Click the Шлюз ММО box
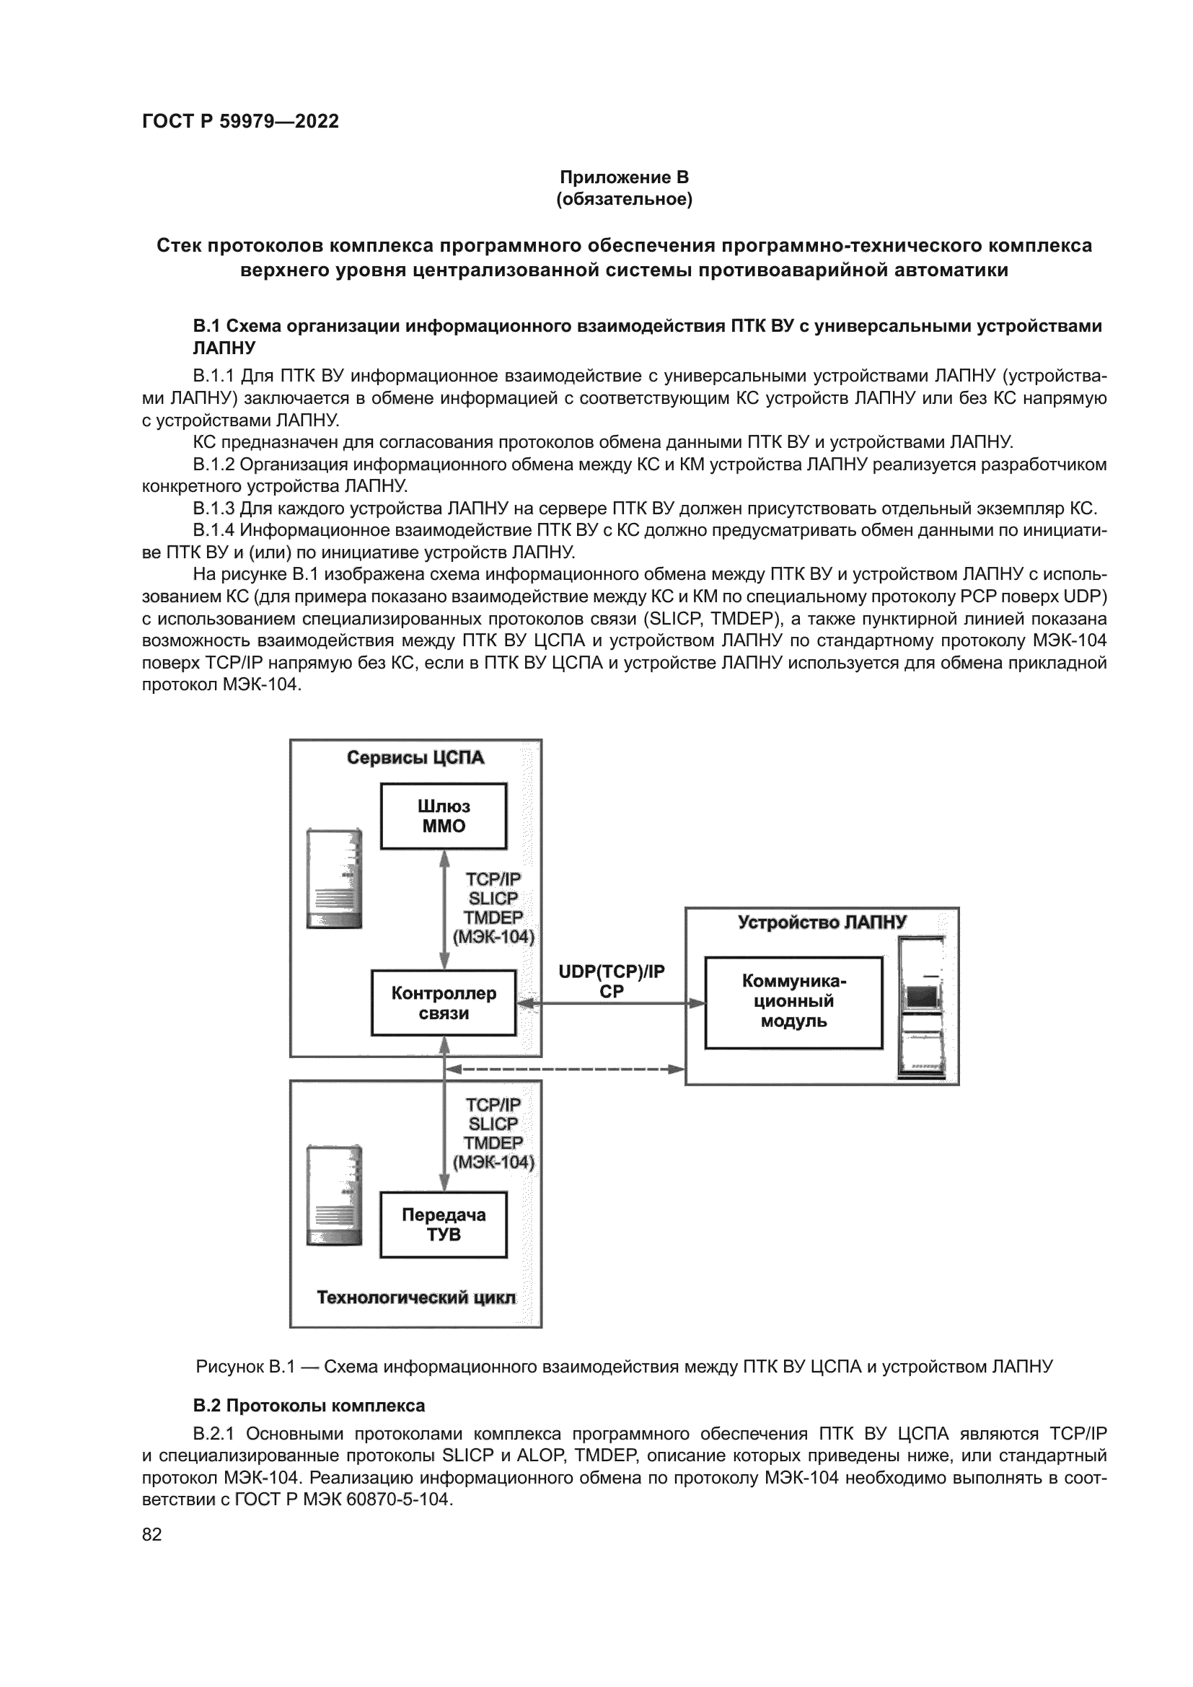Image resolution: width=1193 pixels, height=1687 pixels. pos(443,816)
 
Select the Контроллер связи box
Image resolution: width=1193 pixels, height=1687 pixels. pos(443,1003)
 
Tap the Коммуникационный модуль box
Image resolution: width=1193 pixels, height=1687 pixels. pos(793,1003)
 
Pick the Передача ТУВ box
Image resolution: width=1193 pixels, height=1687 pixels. pos(443,1225)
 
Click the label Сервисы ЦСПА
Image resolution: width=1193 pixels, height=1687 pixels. pos(415,757)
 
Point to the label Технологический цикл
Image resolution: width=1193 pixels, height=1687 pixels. pos(415,1298)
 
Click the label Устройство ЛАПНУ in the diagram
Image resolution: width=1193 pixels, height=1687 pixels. pos(822,922)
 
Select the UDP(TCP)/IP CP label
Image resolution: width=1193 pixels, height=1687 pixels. pos(611,982)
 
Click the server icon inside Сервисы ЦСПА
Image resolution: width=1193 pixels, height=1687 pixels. pos(334,878)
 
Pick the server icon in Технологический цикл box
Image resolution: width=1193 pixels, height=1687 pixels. pos(334,1194)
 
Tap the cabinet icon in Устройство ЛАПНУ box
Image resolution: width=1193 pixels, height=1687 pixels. pos(920,1008)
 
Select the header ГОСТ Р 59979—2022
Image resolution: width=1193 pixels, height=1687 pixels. pos(240,121)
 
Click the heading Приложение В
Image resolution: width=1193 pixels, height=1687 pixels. pos(624,177)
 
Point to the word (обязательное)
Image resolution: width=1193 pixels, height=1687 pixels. pos(624,199)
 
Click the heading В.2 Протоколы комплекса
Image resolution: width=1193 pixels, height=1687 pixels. pos(309,1406)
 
